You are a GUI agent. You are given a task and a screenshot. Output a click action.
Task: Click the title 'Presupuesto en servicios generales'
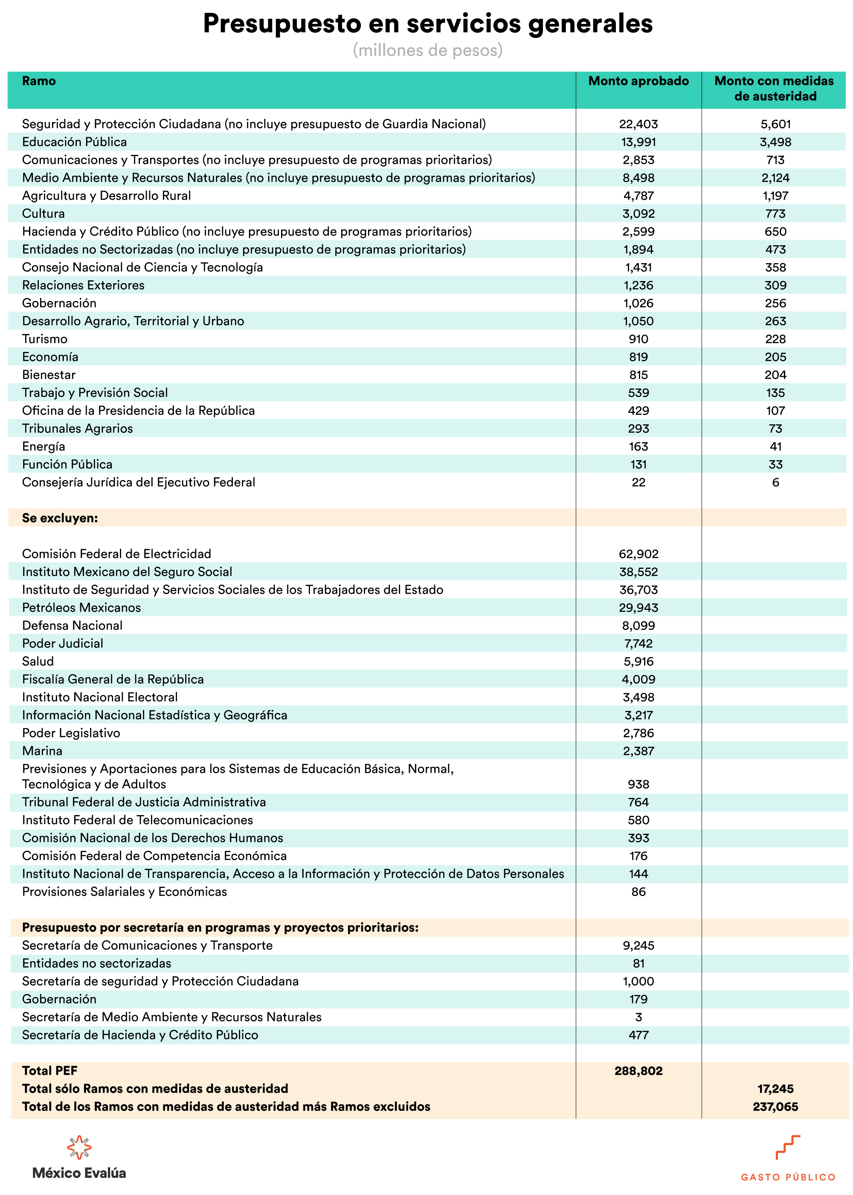[427, 23]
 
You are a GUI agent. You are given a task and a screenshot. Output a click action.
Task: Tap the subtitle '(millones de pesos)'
[427, 50]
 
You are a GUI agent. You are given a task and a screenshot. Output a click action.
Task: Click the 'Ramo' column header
[39, 81]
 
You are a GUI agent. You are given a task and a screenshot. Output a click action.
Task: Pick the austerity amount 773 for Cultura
[775, 214]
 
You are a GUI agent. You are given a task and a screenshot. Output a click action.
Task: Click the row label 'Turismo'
[45, 339]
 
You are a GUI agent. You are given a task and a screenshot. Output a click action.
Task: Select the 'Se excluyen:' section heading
[60, 518]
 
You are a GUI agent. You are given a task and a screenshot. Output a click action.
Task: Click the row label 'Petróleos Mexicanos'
[81, 608]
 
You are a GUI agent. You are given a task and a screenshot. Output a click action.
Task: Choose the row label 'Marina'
[42, 751]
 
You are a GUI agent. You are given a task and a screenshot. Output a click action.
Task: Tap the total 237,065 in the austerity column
[775, 1107]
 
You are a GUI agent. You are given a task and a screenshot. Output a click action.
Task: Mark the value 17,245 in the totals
[775, 1089]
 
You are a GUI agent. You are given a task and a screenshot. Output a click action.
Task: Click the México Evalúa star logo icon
[79, 1147]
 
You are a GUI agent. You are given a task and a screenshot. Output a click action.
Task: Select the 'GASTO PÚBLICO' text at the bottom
[788, 1177]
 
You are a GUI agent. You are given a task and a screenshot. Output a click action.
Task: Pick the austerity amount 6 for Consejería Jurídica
[775, 482]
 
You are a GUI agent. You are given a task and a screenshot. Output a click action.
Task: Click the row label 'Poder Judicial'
[63, 644]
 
